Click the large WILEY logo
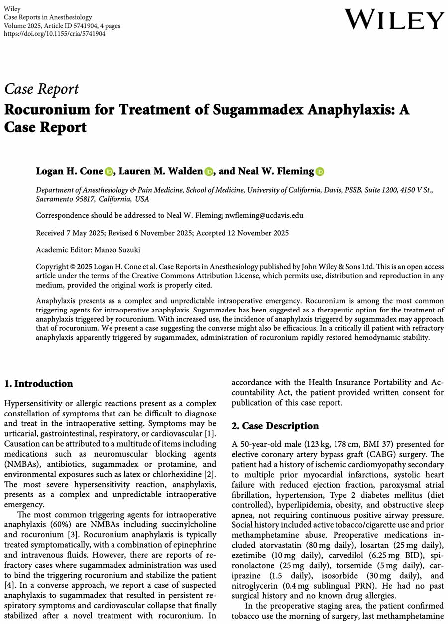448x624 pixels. coord(394,20)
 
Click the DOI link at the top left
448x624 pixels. coord(54,33)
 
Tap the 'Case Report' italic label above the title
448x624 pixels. coord(41,89)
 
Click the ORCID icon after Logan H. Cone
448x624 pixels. coord(109,172)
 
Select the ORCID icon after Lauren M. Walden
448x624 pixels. coord(209,172)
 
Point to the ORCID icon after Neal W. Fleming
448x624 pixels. coord(319,172)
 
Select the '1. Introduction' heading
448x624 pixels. coord(38,384)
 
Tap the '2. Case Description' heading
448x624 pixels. coord(275,426)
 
